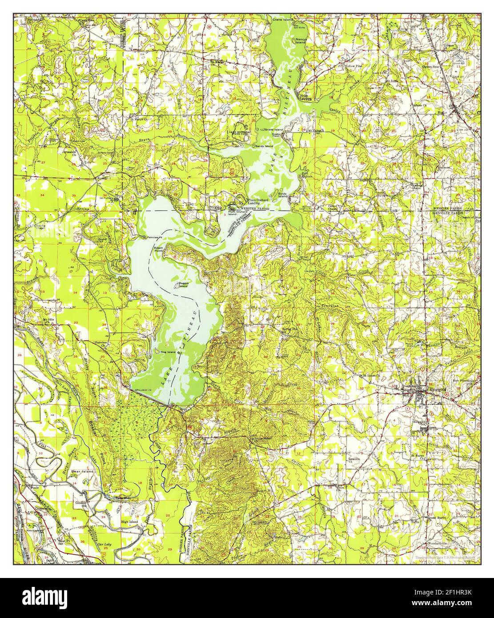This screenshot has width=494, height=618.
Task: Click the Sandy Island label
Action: click(x=263, y=146)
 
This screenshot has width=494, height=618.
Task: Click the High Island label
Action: click(x=130, y=522)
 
